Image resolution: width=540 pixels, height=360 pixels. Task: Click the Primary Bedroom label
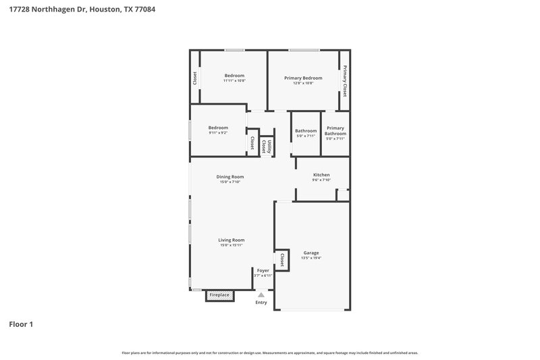[x=303, y=77]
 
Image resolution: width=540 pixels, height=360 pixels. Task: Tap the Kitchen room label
[x=321, y=175]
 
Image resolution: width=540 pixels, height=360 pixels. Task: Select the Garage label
[x=310, y=253]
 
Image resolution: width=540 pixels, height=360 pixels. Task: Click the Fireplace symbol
[x=219, y=295]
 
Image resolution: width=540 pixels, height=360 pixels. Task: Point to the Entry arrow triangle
[x=261, y=294]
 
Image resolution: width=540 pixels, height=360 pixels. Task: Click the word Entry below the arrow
[x=261, y=303]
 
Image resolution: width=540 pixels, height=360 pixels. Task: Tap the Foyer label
[x=263, y=270]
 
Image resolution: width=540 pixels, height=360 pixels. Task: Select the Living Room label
[x=231, y=240]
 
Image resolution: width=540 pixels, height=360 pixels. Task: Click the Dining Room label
[x=230, y=177]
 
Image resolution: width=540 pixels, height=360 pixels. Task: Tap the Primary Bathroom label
[x=335, y=130]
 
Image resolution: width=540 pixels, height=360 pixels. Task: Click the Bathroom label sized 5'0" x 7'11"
[x=306, y=130]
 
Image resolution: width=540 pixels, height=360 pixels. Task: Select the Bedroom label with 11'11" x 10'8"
[x=234, y=76]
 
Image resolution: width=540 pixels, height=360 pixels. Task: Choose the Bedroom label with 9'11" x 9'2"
[x=217, y=128]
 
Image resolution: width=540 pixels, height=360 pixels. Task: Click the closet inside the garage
[x=281, y=260]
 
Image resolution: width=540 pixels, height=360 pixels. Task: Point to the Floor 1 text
[x=21, y=324]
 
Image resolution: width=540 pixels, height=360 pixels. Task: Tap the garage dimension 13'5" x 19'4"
[x=310, y=258]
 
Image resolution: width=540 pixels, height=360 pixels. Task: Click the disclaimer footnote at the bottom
[x=269, y=353]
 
